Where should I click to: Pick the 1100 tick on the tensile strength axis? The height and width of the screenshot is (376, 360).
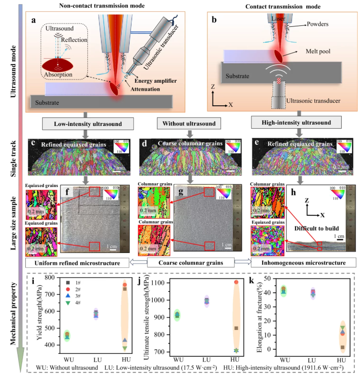167,283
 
